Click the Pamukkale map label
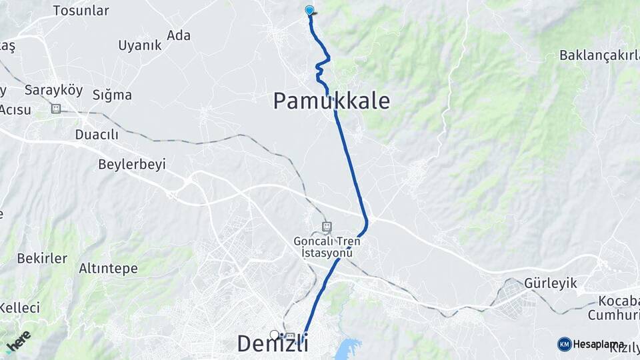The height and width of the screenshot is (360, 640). pos(331,101)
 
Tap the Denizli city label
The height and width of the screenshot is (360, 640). pos(273,344)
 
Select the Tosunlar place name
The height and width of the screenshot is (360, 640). pos(81,11)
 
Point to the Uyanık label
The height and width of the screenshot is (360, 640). pos(140,45)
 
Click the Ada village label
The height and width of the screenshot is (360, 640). pos(179,35)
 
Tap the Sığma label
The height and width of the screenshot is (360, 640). pos(112,95)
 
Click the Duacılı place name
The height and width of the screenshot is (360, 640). pos(97,135)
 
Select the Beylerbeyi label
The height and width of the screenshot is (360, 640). pos(131,164)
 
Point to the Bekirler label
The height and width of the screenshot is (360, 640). pos(42,258)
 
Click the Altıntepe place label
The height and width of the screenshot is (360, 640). pos(108,269)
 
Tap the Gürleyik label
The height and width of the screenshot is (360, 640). pos(551,283)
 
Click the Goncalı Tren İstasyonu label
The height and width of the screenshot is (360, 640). pos(327,247)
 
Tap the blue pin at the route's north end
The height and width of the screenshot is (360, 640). pos(309,10)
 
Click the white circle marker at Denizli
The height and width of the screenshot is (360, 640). pos(274,334)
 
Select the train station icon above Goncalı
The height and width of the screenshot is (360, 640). pos(326,227)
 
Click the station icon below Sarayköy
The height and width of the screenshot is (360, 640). pos(56,108)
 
